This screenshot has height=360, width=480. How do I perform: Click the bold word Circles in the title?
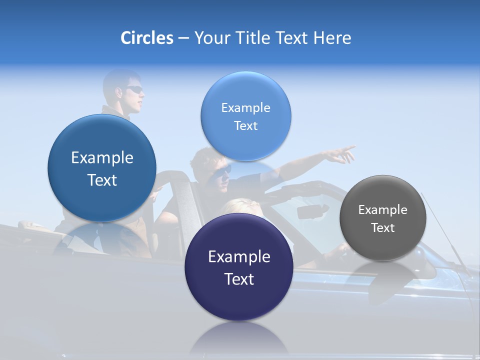146,38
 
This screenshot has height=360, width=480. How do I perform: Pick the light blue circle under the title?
245,116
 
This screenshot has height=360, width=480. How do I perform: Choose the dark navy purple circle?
238,267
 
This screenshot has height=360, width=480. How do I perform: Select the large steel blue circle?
102,168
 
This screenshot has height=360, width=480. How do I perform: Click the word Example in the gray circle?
382,209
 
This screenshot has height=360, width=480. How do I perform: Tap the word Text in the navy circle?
239,279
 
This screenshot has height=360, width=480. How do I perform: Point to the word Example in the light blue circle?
245,107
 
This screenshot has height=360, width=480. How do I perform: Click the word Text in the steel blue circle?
102,180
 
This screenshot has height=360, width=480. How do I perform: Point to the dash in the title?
183,38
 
